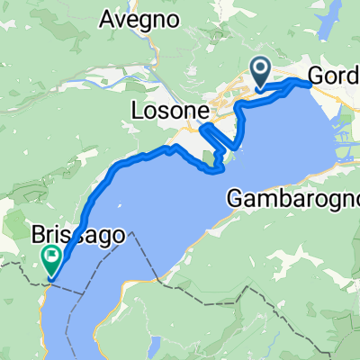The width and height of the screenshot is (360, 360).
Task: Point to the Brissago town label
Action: click(x=77, y=235)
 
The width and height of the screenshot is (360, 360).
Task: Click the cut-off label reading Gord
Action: click(x=334, y=77)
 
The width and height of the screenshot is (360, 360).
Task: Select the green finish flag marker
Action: click(x=50, y=261)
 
